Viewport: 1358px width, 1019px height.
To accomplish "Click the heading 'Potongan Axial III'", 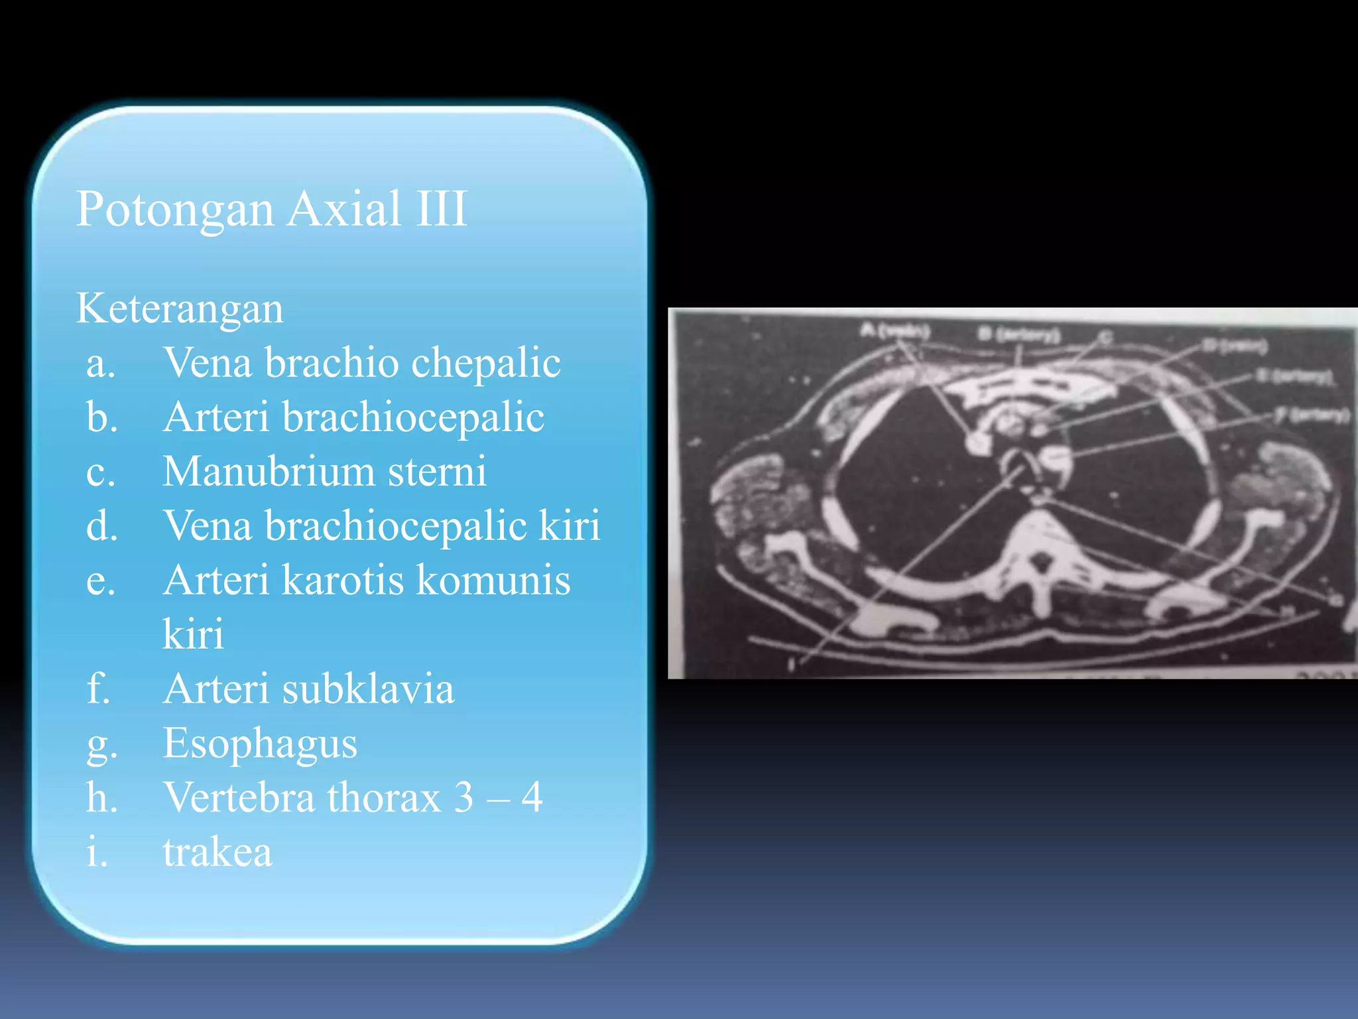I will point(272,208).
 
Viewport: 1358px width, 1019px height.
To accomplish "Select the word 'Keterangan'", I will point(180,308).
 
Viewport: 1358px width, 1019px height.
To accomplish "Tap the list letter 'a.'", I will point(101,364).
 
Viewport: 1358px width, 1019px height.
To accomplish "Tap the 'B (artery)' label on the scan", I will point(1019,334).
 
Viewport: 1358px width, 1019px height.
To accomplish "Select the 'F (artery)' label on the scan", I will point(1312,415).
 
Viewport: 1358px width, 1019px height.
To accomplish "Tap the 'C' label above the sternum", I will point(1105,337).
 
